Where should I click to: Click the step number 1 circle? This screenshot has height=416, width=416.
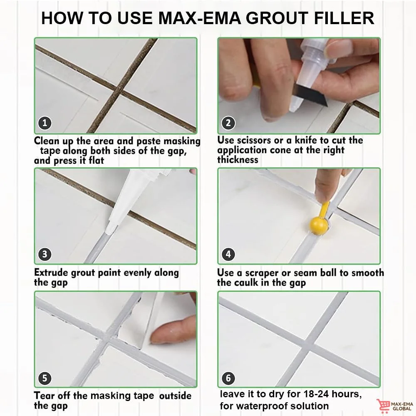click(x=45, y=123)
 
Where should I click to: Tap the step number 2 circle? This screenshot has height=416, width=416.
click(x=228, y=123)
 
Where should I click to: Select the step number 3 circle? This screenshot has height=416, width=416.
click(x=45, y=254)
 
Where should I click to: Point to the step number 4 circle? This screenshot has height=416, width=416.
click(x=228, y=254)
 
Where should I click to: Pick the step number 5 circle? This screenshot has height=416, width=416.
click(x=45, y=378)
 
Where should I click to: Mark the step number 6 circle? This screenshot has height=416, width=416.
click(x=228, y=378)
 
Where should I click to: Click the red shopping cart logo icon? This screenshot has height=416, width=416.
click(x=383, y=405)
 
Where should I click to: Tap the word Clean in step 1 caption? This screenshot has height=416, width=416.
click(x=48, y=141)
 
